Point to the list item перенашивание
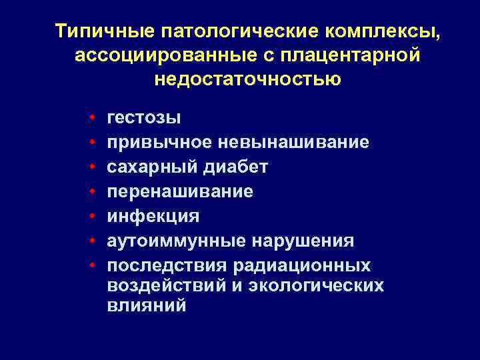(x=180, y=191)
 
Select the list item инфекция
(x=153, y=216)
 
